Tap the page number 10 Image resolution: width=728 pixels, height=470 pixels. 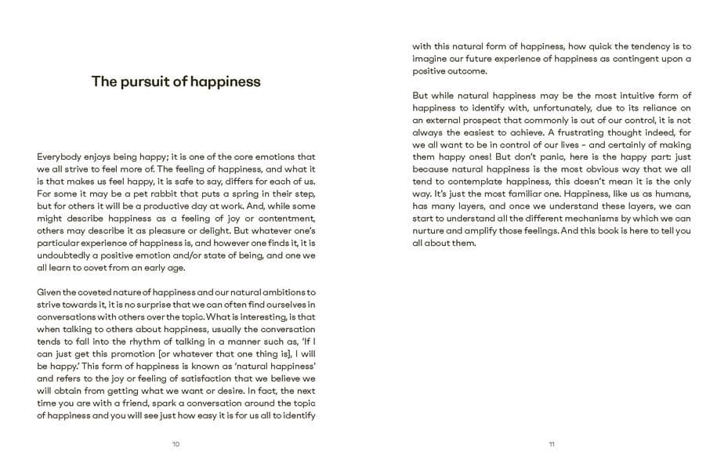[x=176, y=444]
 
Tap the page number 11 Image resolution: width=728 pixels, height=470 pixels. [x=552, y=444]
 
